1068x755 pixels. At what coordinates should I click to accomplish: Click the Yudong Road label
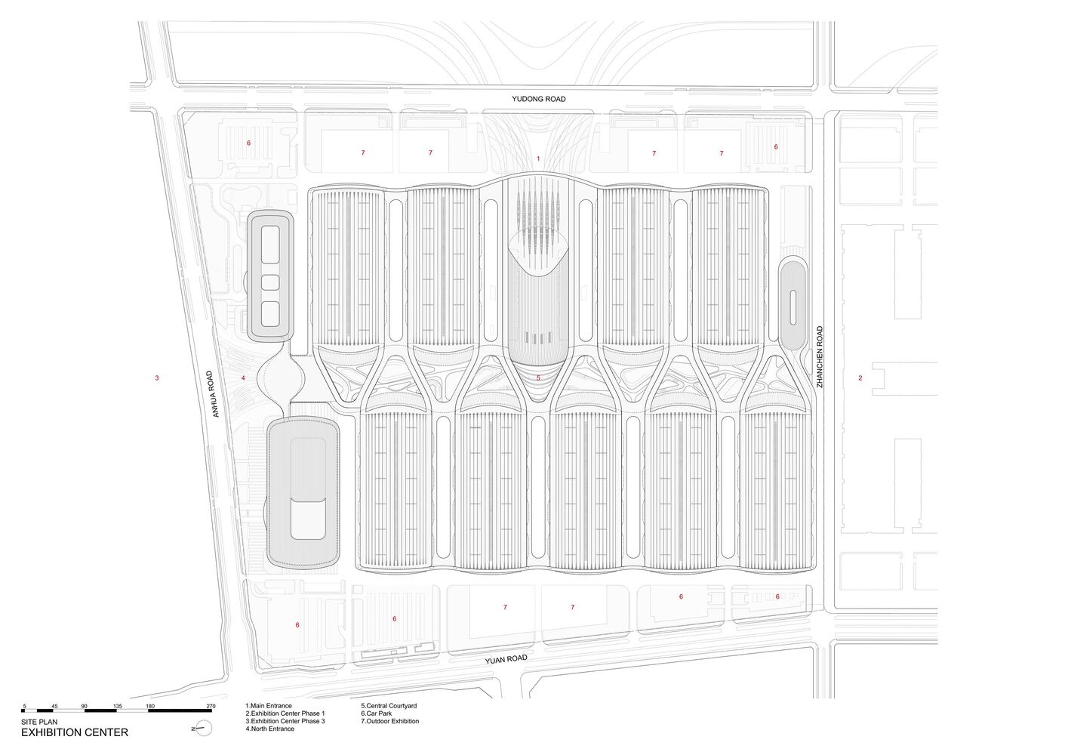click(539, 99)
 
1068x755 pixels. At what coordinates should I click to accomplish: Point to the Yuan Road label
click(506, 660)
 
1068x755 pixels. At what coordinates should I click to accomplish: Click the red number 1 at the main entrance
click(538, 159)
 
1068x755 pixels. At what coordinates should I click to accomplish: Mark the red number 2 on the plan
click(860, 378)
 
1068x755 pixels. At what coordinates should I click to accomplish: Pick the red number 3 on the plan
click(157, 378)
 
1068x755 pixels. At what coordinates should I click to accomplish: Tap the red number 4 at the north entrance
click(243, 378)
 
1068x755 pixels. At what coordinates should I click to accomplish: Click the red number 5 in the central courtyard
click(538, 377)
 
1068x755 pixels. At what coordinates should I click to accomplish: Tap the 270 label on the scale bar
click(211, 707)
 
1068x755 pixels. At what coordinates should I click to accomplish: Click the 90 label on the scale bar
click(85, 707)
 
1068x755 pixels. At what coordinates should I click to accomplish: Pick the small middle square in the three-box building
click(270, 282)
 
